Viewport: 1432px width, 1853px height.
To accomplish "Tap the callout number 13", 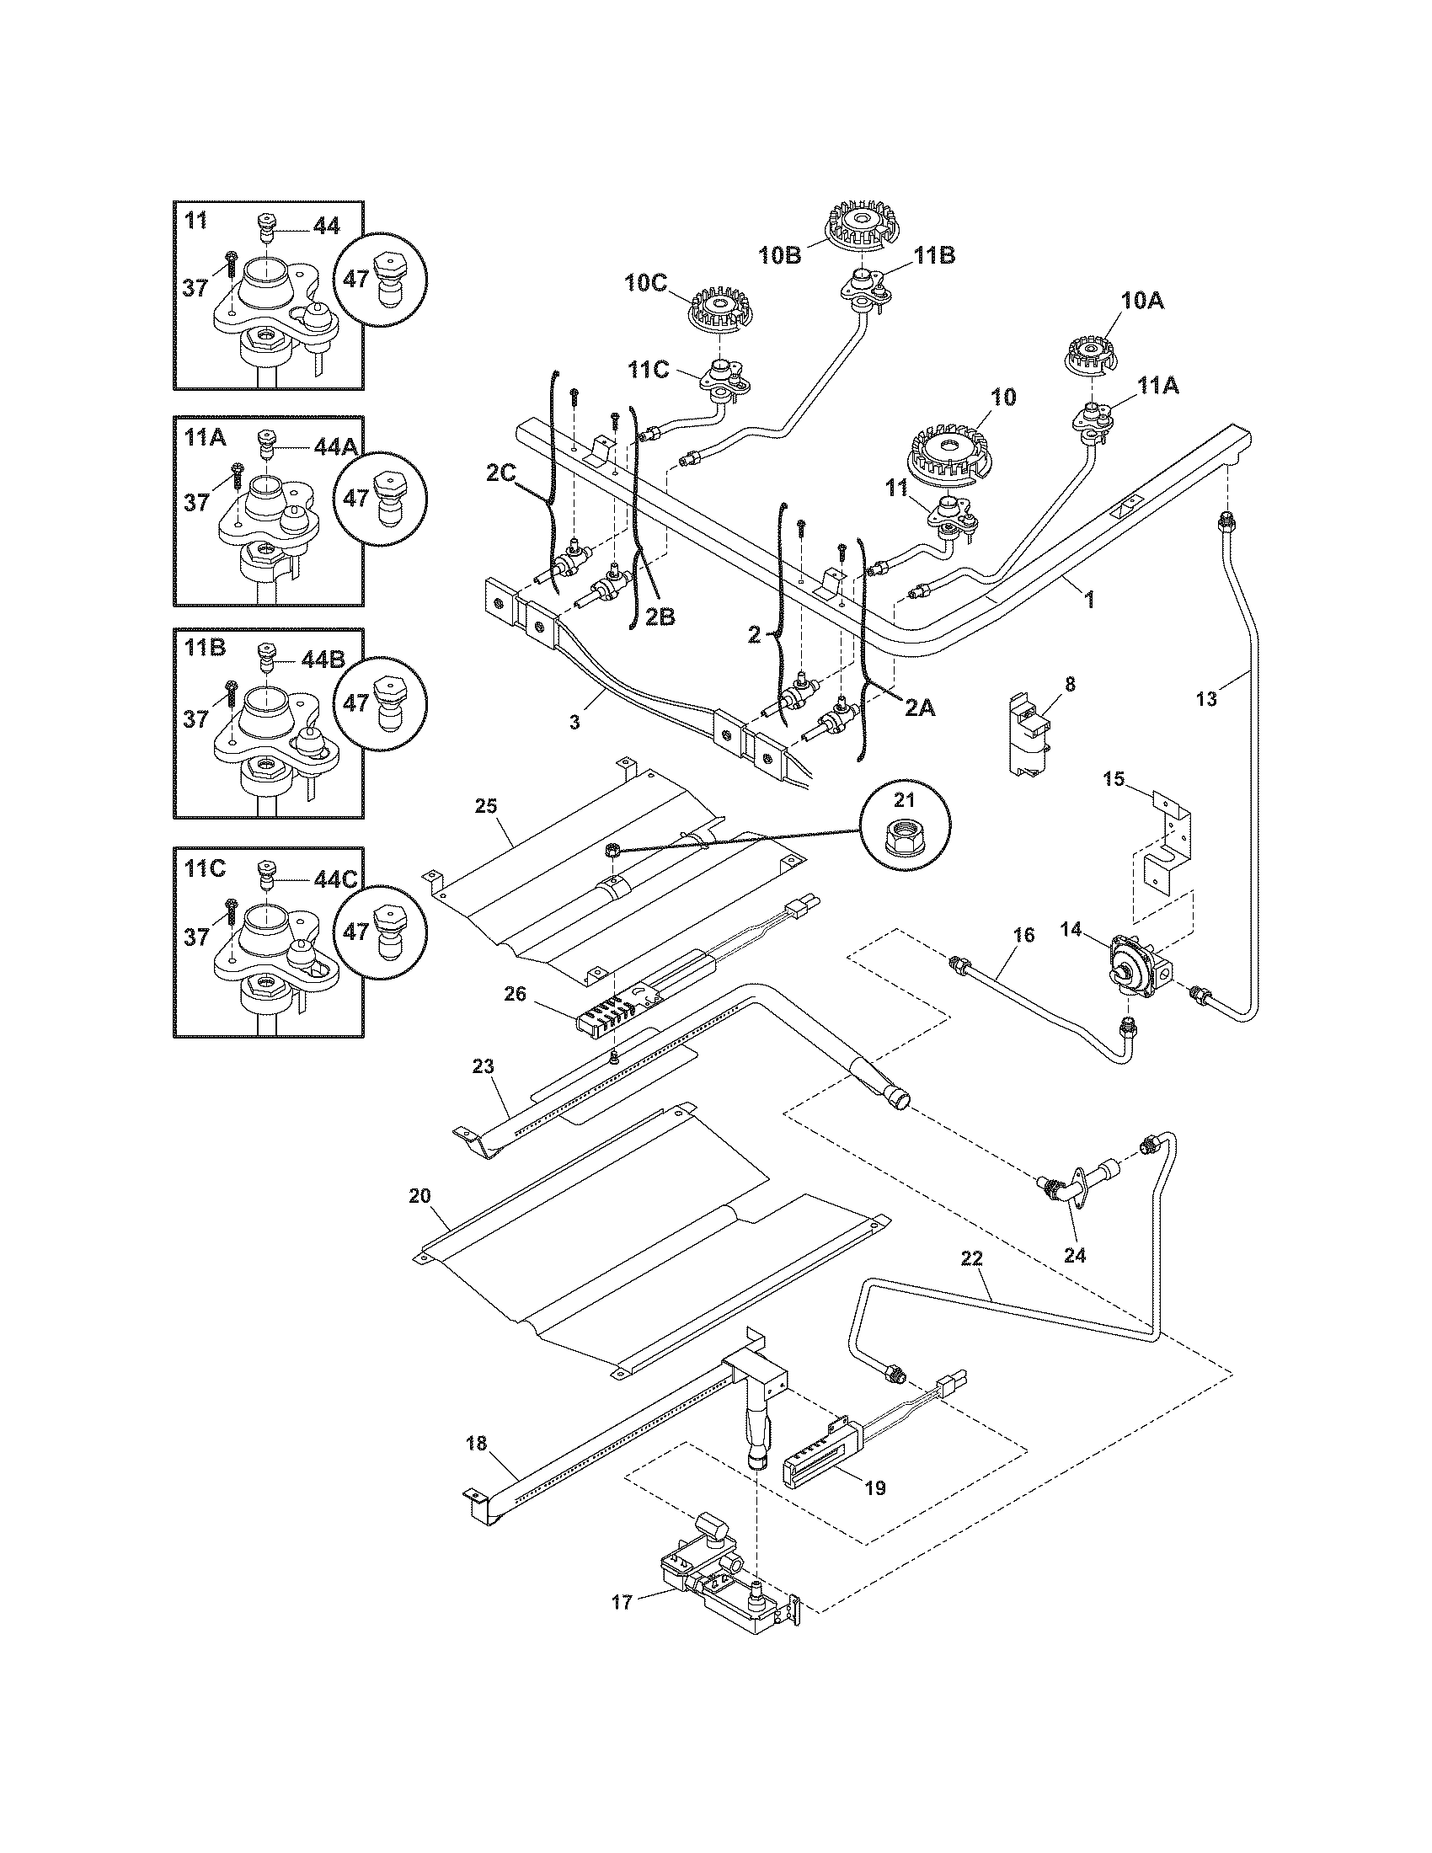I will pos(1205,698).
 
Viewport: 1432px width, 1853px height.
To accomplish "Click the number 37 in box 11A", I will pos(196,502).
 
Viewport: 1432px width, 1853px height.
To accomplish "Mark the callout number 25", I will pos(485,805).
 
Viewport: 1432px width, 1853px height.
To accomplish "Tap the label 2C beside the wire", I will pos(501,473).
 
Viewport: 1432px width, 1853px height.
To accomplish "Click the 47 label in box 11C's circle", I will pos(356,932).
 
